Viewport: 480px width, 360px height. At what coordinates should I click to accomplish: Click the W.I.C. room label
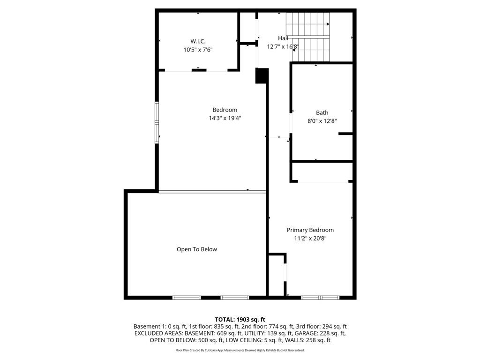coord(198,41)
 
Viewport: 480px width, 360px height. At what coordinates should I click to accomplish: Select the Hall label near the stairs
coord(283,38)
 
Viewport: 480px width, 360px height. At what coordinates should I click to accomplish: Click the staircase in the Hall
coord(308,37)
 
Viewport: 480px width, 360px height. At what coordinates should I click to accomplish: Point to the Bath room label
coord(322,112)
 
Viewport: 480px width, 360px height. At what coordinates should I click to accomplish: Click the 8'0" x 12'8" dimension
coord(322,121)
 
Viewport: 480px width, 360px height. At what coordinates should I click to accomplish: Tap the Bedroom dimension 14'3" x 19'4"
coord(225,118)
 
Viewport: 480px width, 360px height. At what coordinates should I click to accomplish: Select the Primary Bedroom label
coord(310,230)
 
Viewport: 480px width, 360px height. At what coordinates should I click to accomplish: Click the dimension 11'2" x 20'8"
coord(310,239)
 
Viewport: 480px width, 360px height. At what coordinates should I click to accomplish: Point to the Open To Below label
coord(197,249)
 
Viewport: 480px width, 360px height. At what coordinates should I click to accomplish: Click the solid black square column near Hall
coord(262,76)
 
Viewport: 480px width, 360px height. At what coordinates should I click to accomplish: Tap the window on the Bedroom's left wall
coord(157,121)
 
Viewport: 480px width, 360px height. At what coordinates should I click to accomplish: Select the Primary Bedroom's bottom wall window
coord(320,297)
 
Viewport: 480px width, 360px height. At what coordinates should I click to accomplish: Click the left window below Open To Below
coord(187,297)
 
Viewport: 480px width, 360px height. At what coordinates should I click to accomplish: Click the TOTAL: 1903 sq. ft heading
coord(240,319)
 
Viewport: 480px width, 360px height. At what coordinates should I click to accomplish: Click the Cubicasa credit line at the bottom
coord(240,350)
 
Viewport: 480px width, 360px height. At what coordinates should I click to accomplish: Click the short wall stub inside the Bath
coord(345,134)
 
